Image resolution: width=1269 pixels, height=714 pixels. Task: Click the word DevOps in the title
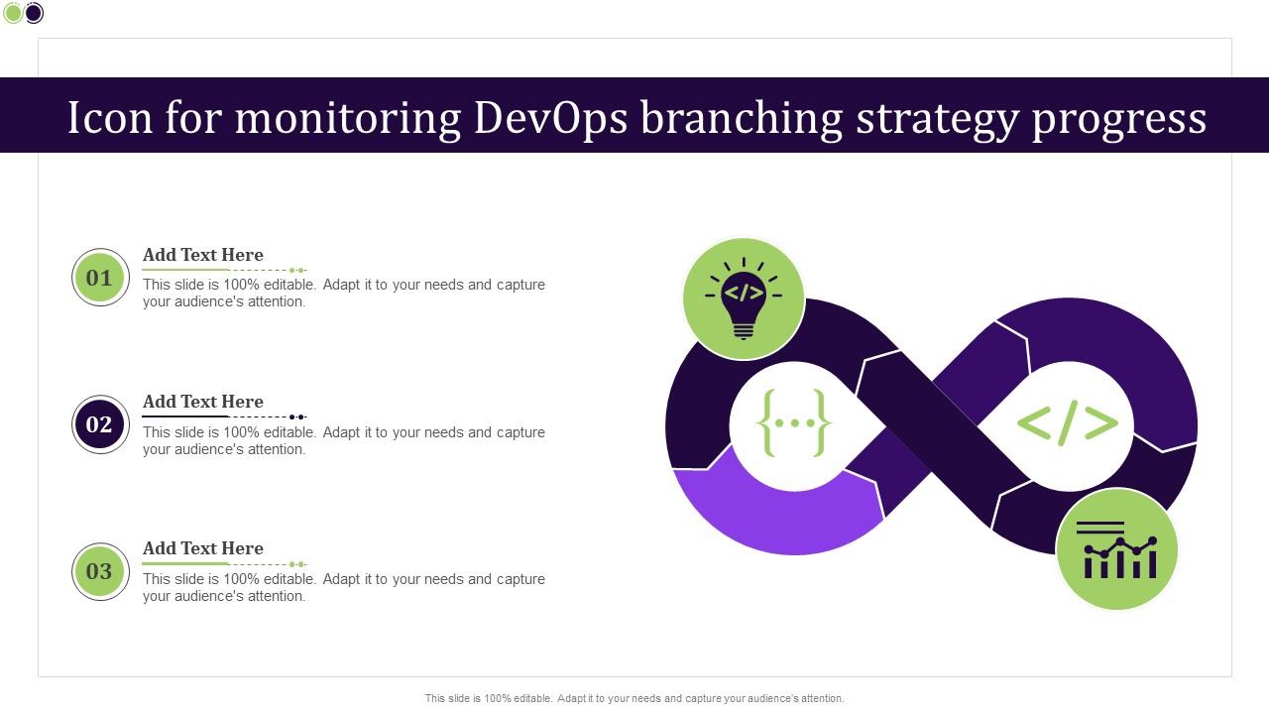pyautogui.click(x=550, y=117)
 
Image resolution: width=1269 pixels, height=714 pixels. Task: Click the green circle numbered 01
pyautogui.click(x=100, y=278)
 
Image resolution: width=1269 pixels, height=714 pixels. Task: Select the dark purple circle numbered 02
pyautogui.click(x=100, y=424)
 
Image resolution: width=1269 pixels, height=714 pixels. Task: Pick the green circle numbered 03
pyautogui.click(x=100, y=571)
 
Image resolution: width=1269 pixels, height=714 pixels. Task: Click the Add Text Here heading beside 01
pyautogui.click(x=203, y=255)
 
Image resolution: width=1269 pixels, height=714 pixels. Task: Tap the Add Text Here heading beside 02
pyautogui.click(x=203, y=402)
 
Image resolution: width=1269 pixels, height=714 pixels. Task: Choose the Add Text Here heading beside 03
pyautogui.click(x=203, y=548)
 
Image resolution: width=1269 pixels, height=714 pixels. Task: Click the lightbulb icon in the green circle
pyautogui.click(x=744, y=297)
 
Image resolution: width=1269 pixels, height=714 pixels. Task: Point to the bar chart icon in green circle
pyautogui.click(x=1117, y=549)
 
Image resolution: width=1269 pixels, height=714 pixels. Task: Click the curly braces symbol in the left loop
pyautogui.click(x=794, y=423)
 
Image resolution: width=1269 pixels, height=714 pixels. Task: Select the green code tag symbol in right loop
pyautogui.click(x=1067, y=423)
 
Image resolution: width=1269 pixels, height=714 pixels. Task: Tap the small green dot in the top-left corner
pyautogui.click(x=13, y=13)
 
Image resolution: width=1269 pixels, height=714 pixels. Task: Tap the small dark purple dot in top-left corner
pyautogui.click(x=34, y=13)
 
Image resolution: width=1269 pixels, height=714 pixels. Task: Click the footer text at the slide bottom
pyautogui.click(x=634, y=698)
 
